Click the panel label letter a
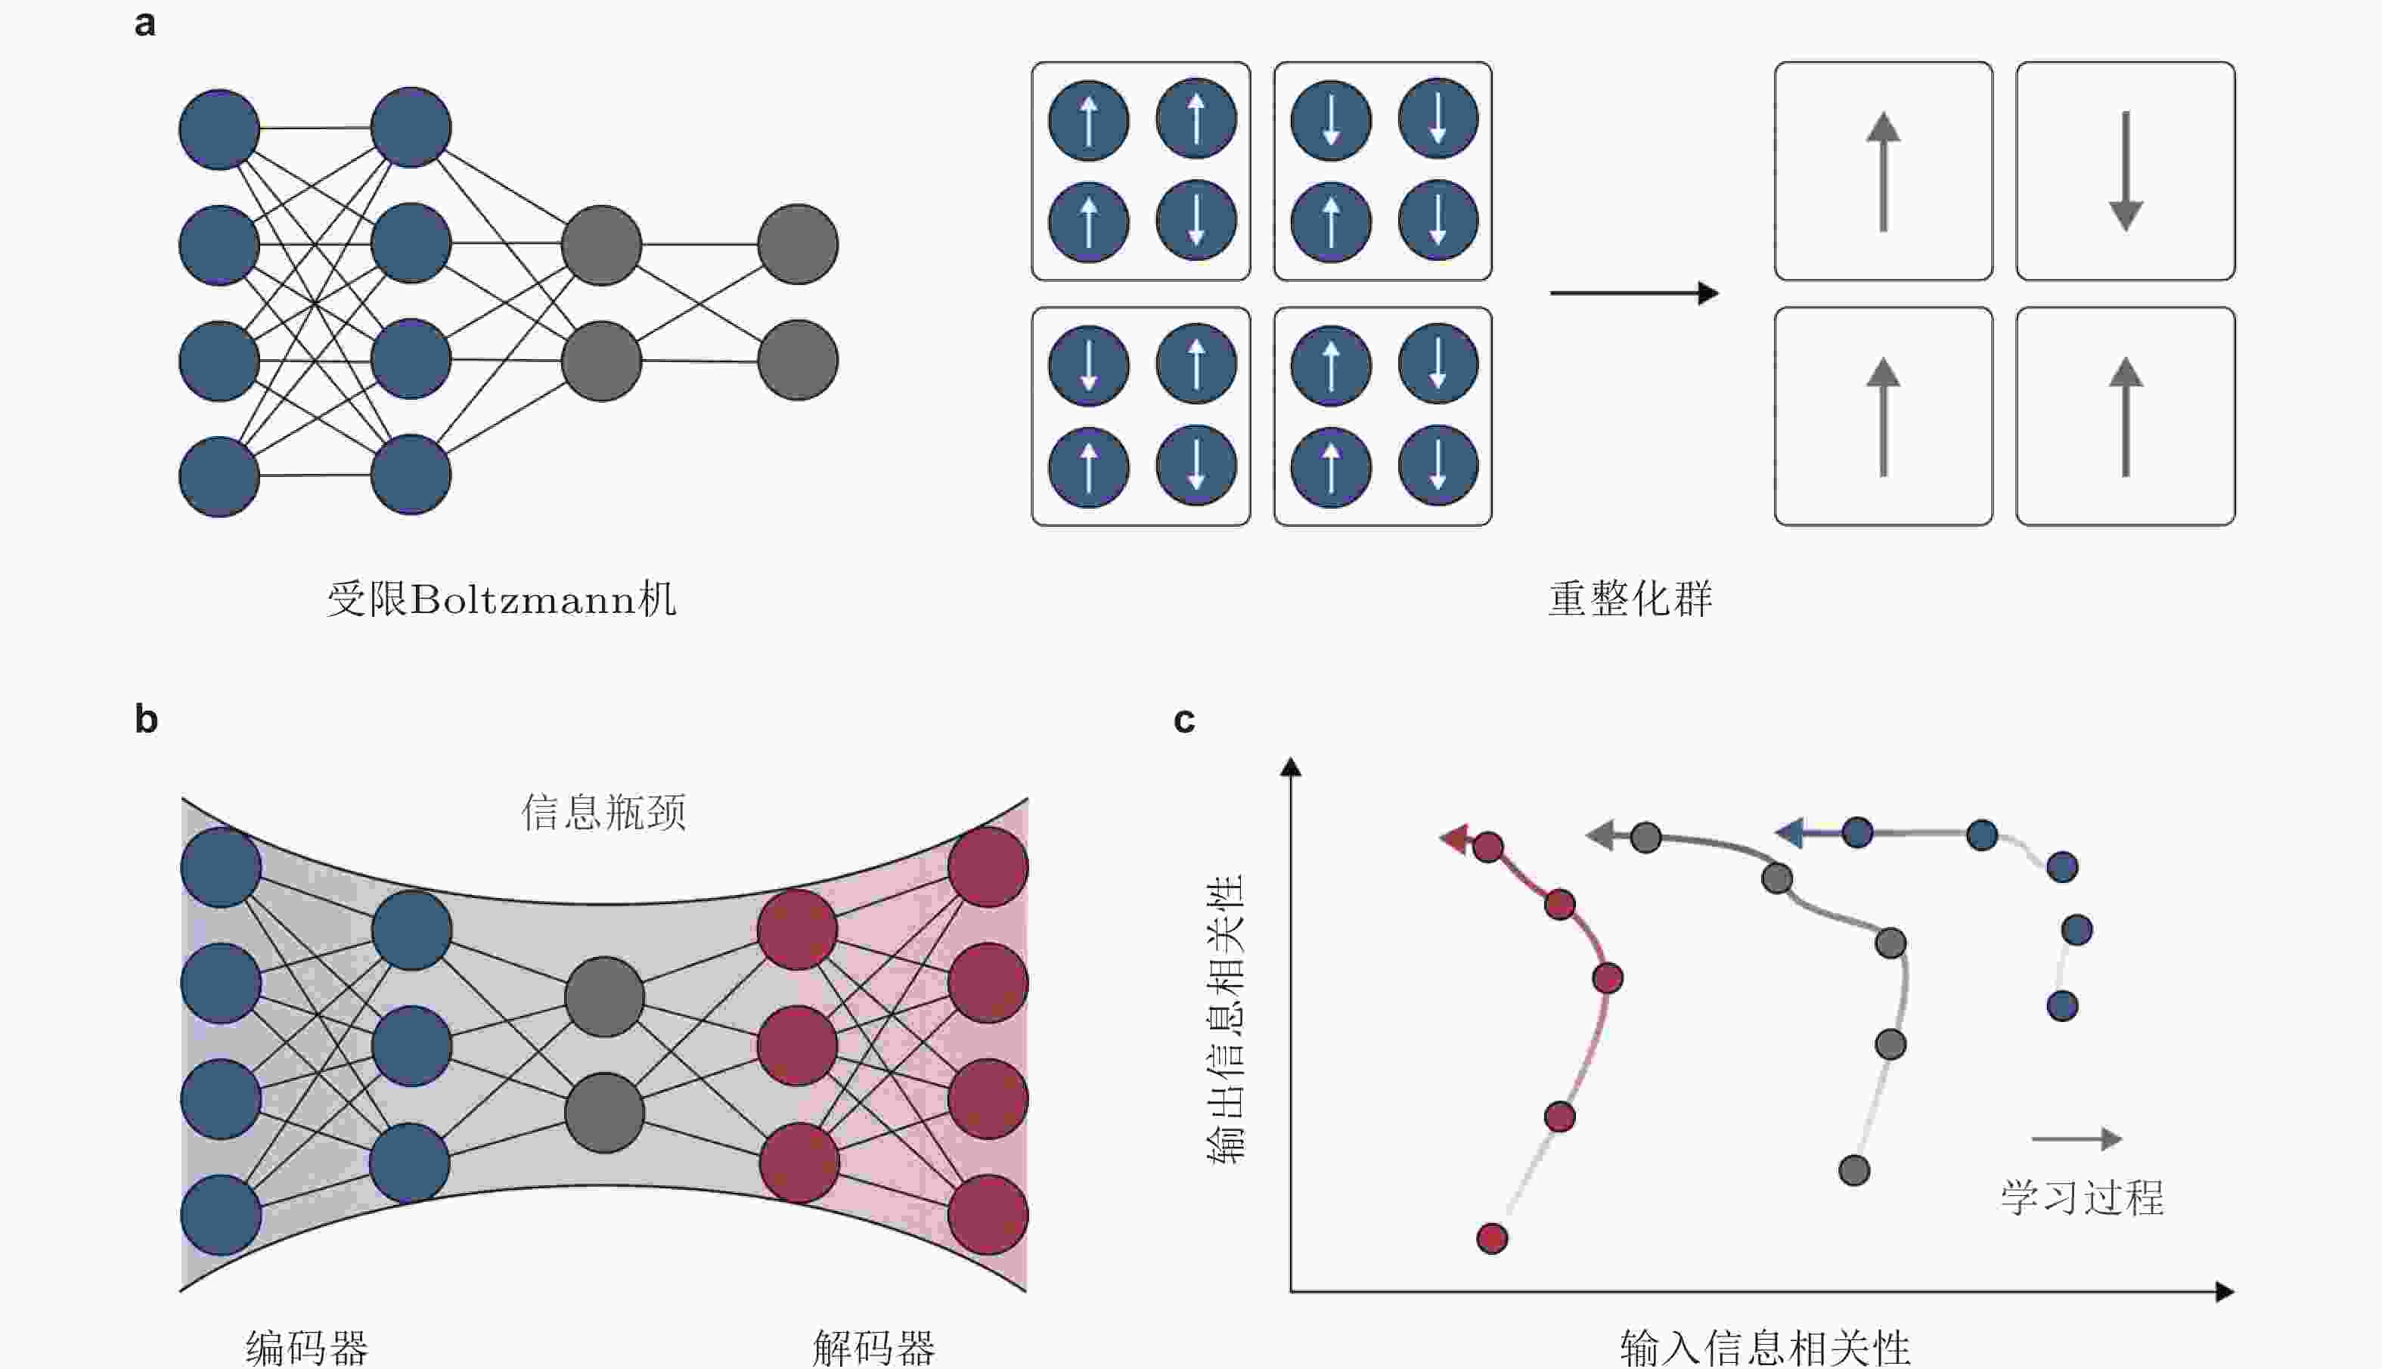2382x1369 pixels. coord(145,23)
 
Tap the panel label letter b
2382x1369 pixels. coord(146,720)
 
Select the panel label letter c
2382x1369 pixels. coord(1184,720)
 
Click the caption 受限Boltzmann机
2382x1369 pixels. coord(501,599)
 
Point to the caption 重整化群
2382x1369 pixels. coord(1630,599)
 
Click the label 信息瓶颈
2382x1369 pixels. coord(603,811)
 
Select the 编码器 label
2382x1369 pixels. coord(306,1347)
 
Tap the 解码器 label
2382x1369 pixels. coord(873,1347)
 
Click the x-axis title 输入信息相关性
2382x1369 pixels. coord(1765,1347)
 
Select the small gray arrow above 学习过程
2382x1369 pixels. coord(2076,1138)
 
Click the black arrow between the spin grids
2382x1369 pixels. coord(1633,293)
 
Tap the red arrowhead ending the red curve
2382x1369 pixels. coord(1455,838)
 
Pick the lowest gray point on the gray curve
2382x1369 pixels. coord(1853,1171)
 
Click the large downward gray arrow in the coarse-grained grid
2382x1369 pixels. coord(2126,171)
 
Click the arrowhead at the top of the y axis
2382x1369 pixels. coord(1291,767)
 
